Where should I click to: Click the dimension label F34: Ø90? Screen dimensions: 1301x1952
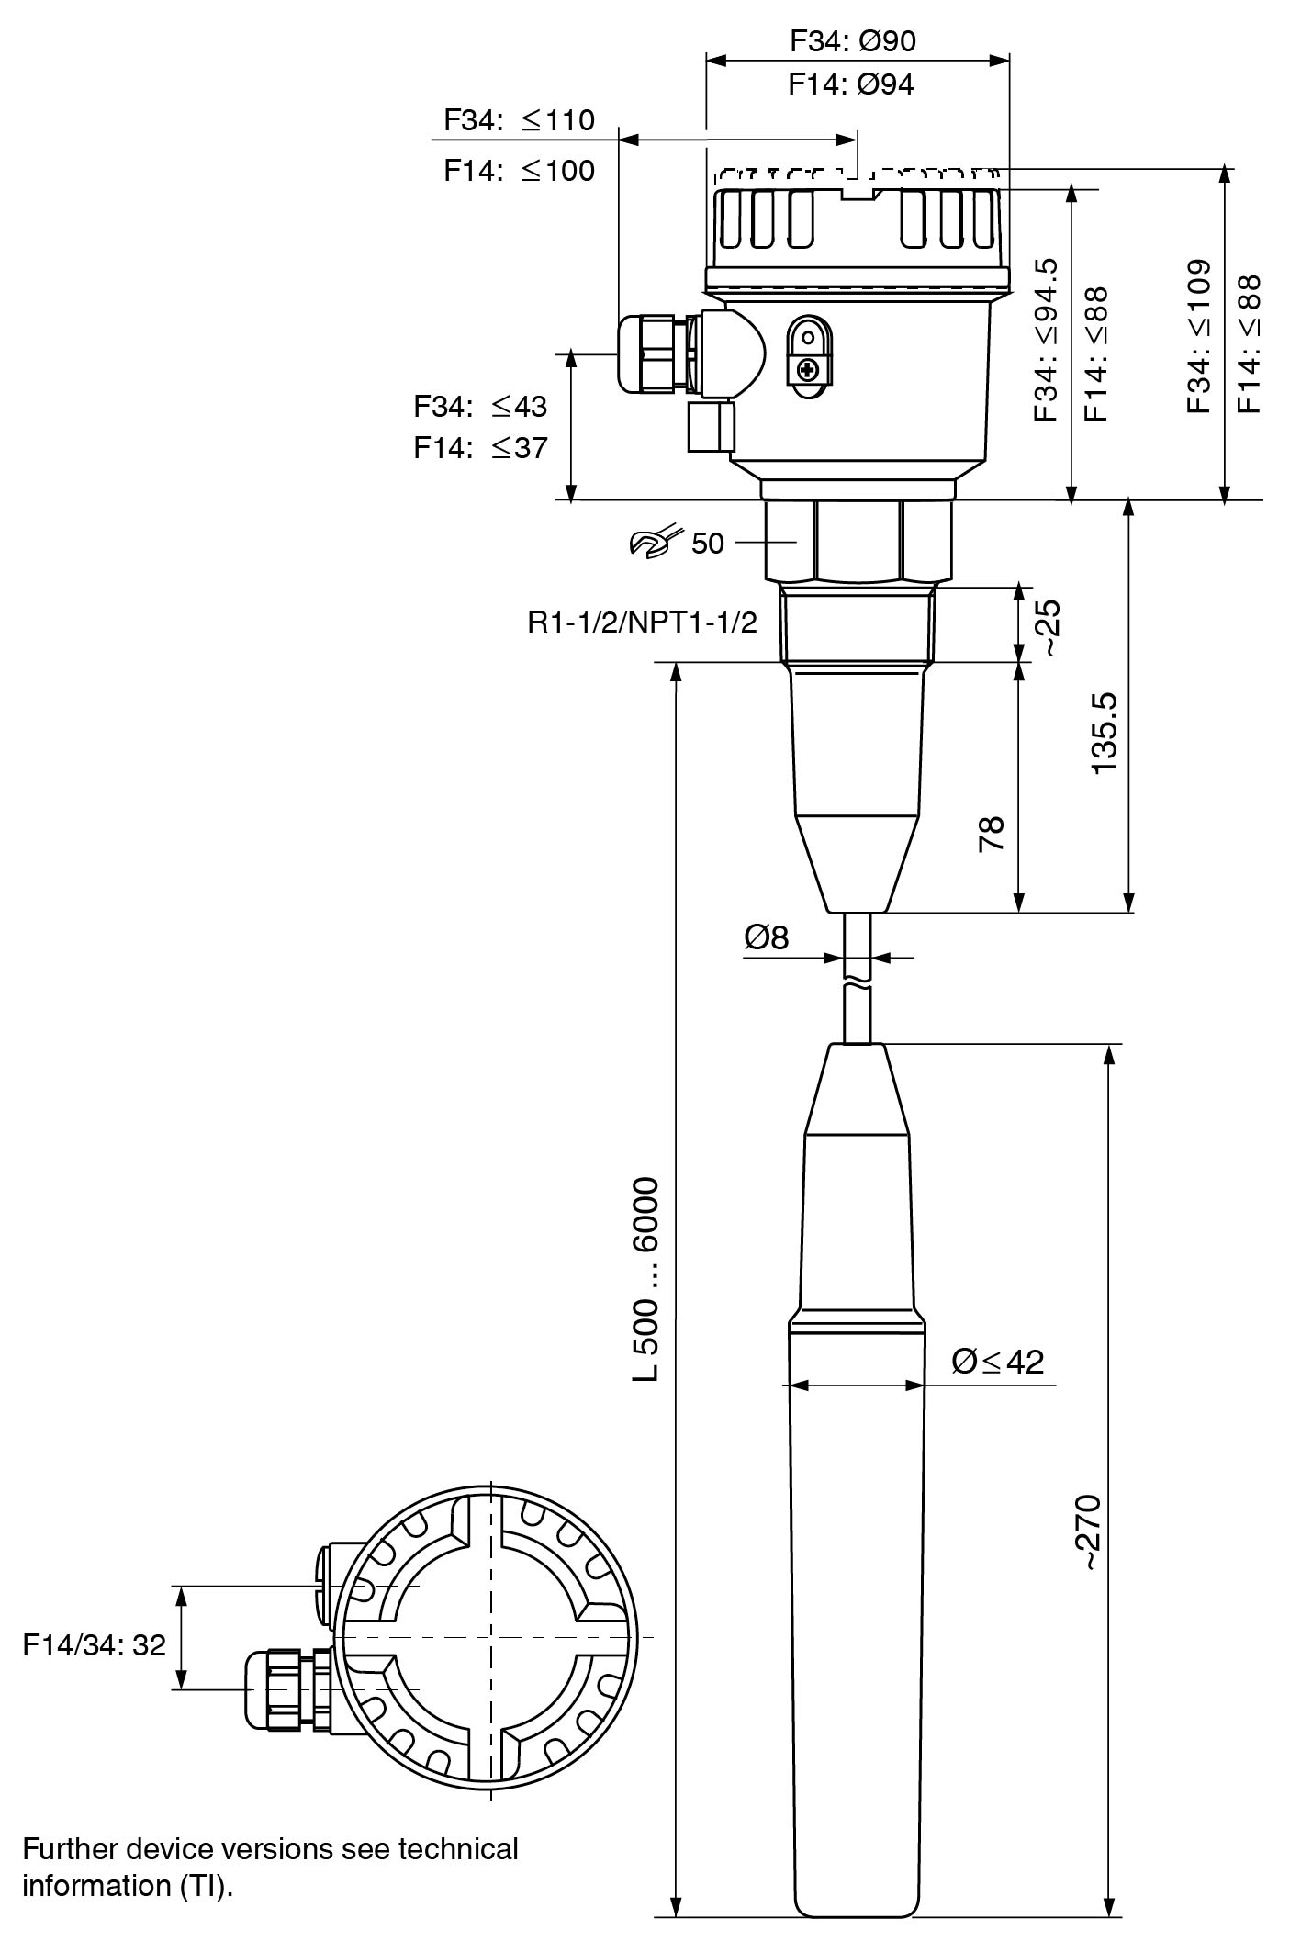point(853,40)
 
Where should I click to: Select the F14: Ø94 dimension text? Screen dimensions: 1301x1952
point(851,84)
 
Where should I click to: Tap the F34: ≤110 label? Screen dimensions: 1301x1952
point(519,119)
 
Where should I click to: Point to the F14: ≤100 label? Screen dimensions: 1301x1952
point(519,170)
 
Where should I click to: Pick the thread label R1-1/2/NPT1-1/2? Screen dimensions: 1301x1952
point(643,623)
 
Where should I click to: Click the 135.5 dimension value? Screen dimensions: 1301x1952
point(1105,732)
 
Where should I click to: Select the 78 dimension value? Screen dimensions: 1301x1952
point(992,833)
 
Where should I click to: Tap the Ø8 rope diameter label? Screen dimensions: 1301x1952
point(767,937)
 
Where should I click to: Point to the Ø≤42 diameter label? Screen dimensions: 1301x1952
point(998,1361)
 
